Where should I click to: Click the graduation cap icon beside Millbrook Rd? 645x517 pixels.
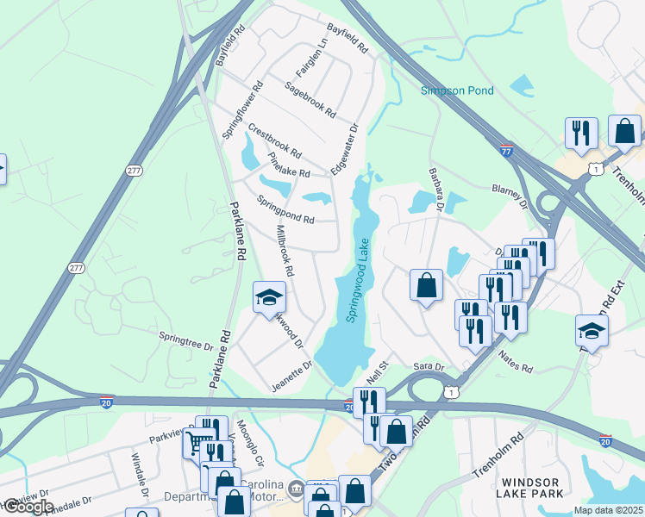[x=269, y=297]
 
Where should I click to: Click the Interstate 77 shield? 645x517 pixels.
[x=507, y=150]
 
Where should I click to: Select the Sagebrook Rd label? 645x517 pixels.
[x=310, y=99]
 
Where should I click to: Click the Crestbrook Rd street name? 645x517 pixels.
[x=274, y=141]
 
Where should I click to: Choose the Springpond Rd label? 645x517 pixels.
[x=285, y=209]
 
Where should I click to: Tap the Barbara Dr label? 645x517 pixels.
[x=435, y=189]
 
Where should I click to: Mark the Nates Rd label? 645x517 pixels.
[x=514, y=363]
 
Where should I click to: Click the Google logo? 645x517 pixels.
[x=28, y=507]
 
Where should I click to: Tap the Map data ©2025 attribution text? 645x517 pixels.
[x=608, y=510]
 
